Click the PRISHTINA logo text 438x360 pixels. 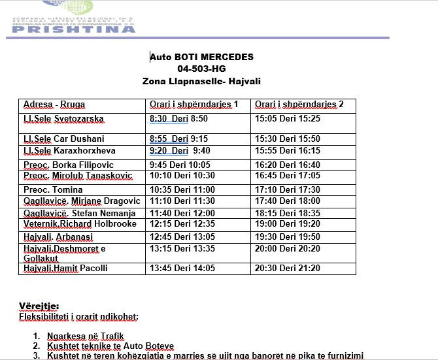[x=74, y=28]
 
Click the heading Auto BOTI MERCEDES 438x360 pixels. [x=201, y=57]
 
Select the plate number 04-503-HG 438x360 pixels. [x=201, y=69]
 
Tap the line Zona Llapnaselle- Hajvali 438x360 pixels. [x=201, y=81]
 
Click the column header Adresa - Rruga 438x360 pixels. [x=54, y=105]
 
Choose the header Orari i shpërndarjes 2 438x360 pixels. [x=299, y=105]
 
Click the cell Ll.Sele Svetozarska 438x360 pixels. [x=63, y=119]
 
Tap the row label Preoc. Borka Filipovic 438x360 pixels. [x=69, y=165]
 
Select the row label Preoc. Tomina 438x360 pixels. [x=53, y=189]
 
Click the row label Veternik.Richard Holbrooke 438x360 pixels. [x=80, y=224]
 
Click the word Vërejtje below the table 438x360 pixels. [x=39, y=306]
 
